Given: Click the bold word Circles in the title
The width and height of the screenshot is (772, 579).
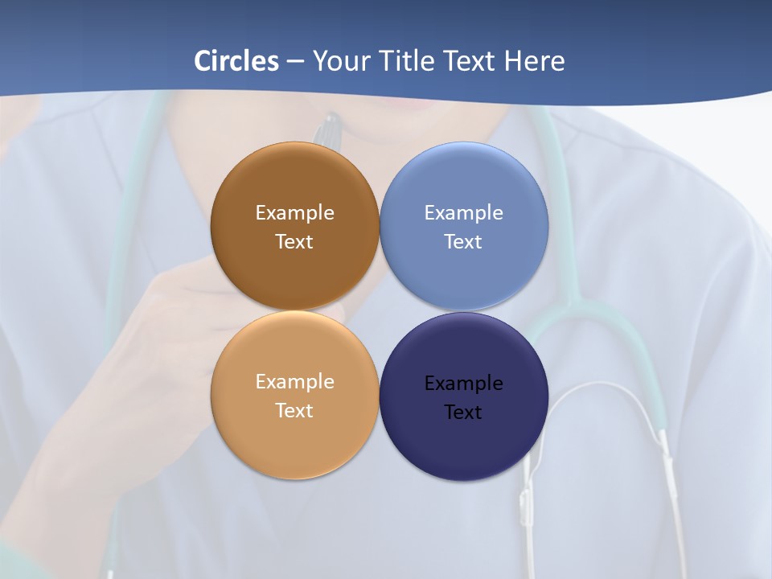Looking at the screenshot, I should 236,61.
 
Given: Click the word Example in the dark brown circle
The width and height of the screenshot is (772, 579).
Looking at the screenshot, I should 294,213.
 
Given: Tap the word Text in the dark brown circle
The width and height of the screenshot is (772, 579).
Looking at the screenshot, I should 294,242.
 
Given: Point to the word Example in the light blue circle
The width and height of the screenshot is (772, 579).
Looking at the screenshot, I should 464,213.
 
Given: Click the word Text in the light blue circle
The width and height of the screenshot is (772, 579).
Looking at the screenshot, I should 464,242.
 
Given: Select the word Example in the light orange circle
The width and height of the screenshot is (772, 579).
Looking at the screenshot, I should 294,382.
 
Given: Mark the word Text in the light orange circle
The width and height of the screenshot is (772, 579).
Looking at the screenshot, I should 294,411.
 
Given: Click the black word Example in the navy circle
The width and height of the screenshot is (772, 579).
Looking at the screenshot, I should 464,384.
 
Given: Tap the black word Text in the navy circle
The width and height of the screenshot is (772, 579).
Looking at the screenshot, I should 464,413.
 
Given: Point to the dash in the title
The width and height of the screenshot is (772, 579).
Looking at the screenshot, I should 295,61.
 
